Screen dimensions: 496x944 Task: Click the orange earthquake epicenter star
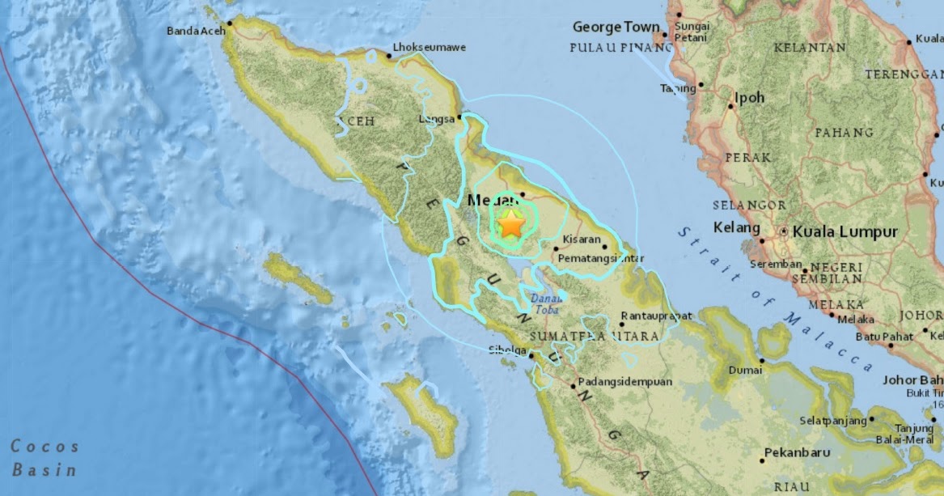click(511, 223)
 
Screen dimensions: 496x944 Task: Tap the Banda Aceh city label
click(195, 32)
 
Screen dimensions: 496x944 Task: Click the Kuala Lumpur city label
click(845, 232)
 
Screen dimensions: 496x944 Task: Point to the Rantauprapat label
click(656, 316)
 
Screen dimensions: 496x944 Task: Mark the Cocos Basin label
click(44, 458)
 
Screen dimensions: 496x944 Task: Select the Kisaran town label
click(582, 240)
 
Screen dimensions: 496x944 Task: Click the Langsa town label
click(437, 117)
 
